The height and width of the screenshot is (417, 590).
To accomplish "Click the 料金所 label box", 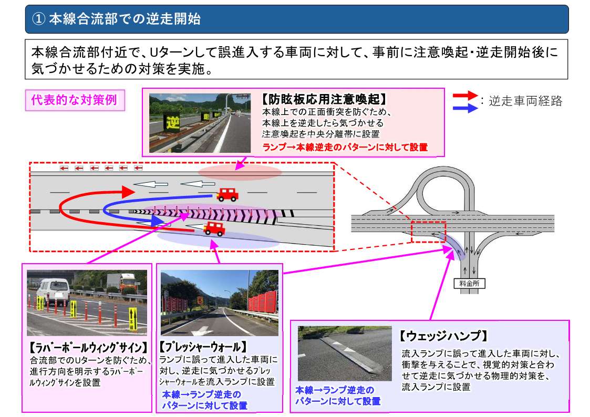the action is click(469, 284).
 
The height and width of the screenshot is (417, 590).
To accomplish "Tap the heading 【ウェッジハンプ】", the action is click(443, 336).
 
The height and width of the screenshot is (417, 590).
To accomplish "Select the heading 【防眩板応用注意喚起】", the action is click(324, 99).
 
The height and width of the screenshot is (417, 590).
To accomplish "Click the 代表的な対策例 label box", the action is click(75, 100).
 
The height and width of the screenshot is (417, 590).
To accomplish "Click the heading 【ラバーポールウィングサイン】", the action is click(88, 347).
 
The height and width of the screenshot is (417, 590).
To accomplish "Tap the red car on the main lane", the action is click(227, 194).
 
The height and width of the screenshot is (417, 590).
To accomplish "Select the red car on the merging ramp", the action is click(214, 228).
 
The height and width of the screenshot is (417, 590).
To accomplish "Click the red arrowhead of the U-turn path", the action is click(128, 192).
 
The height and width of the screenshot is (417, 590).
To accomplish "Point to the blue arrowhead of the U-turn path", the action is click(158, 221).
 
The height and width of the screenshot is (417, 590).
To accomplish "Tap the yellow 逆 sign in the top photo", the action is click(172, 122).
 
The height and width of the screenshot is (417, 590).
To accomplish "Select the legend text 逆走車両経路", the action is click(525, 101).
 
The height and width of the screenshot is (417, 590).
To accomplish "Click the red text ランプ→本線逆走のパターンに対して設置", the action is click(345, 147).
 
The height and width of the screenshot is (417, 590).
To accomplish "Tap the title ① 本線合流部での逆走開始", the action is click(117, 19).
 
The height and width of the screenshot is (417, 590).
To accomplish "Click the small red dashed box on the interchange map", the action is click(428, 232).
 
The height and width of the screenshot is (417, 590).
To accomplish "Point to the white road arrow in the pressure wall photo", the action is click(202, 331).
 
